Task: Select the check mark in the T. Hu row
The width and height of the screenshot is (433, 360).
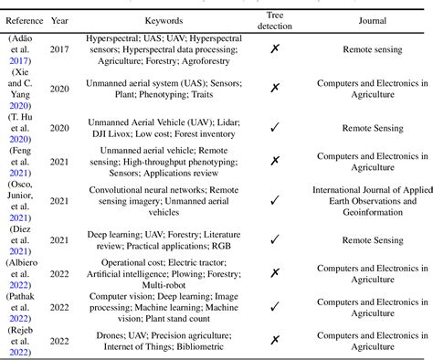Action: point(275,129)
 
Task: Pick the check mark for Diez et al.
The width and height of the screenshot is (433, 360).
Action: point(275,238)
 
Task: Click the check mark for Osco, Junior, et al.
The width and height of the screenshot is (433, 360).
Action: point(275,198)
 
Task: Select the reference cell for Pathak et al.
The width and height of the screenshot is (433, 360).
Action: point(23,308)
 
